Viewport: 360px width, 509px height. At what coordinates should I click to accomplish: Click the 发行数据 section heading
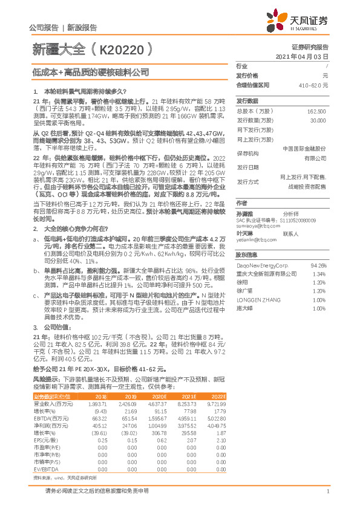pyautogui.click(x=247, y=101)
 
